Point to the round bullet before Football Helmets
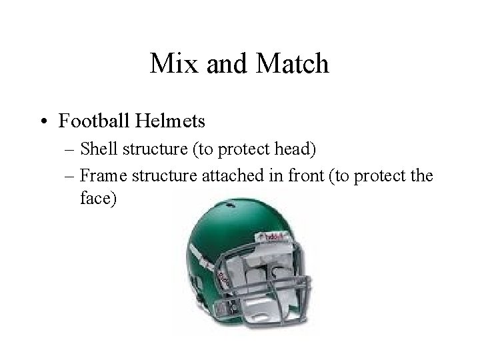(x=45, y=122)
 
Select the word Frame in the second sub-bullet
(x=99, y=176)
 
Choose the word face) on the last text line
(x=97, y=200)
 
